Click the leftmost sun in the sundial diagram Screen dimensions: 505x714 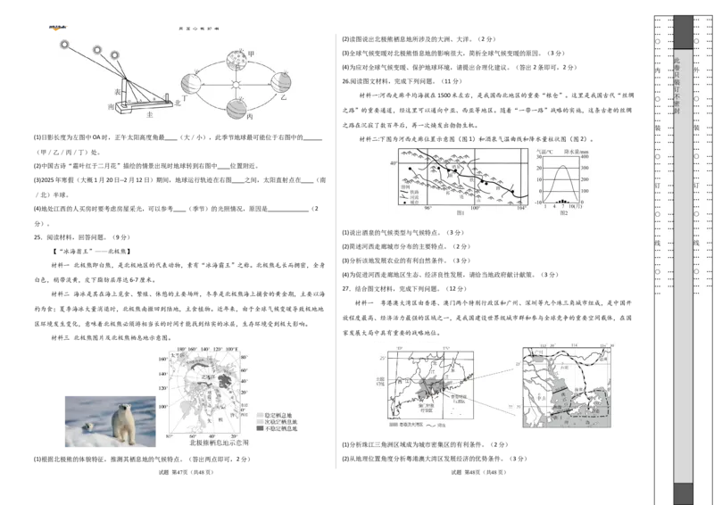64,45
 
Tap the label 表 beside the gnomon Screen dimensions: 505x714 119,92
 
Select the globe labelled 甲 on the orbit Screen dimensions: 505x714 237,61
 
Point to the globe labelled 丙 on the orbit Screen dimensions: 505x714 237,108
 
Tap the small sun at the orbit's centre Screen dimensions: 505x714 237,85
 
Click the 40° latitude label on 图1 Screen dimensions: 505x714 393,164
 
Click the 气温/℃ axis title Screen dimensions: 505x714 545,151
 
